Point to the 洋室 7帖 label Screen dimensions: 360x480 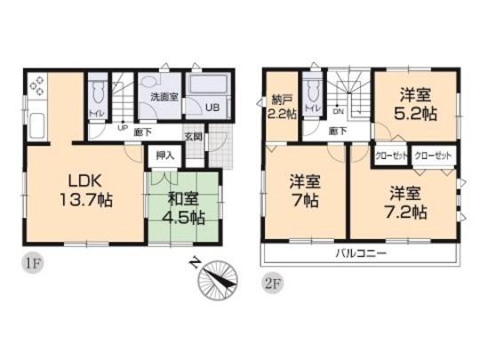[x=304, y=190]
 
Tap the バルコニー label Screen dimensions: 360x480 [x=359, y=253]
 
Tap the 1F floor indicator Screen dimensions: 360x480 [x=32, y=263]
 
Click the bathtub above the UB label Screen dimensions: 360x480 [x=212, y=87]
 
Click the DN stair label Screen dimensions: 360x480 [x=338, y=113]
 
